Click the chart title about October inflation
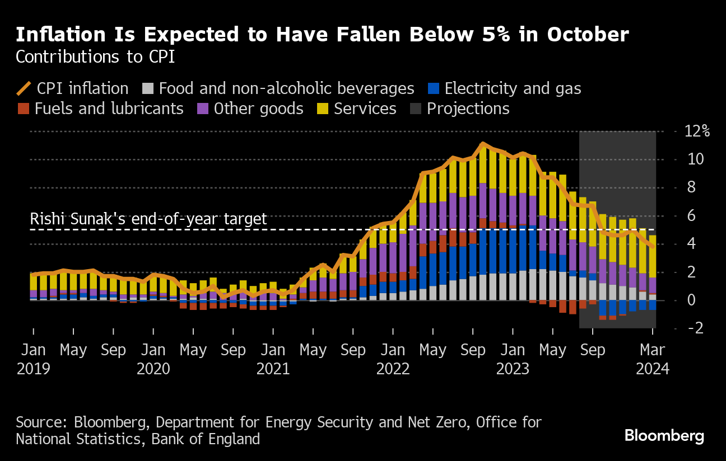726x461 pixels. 322,35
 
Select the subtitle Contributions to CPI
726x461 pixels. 95,57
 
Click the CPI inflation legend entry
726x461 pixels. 73,88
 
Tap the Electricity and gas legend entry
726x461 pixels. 504,88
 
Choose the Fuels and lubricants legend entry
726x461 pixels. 100,109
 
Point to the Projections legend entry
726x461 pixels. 459,109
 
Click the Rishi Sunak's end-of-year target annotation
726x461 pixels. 148,219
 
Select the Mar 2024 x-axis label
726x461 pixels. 653,359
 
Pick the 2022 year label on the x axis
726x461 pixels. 393,369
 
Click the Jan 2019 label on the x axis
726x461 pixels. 33,359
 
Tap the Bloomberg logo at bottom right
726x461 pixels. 664,436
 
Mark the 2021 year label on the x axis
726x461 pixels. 273,369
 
